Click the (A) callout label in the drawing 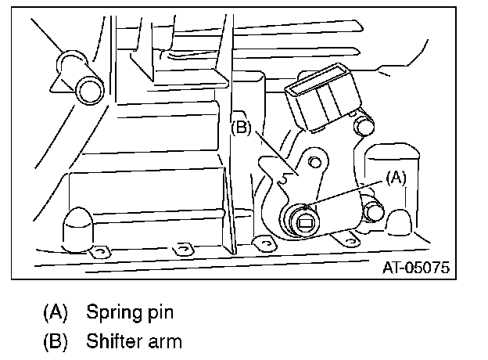[x=396, y=177]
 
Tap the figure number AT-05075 [x=415, y=268]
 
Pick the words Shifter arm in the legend [x=135, y=341]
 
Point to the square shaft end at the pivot [x=305, y=224]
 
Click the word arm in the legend [x=167, y=341]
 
